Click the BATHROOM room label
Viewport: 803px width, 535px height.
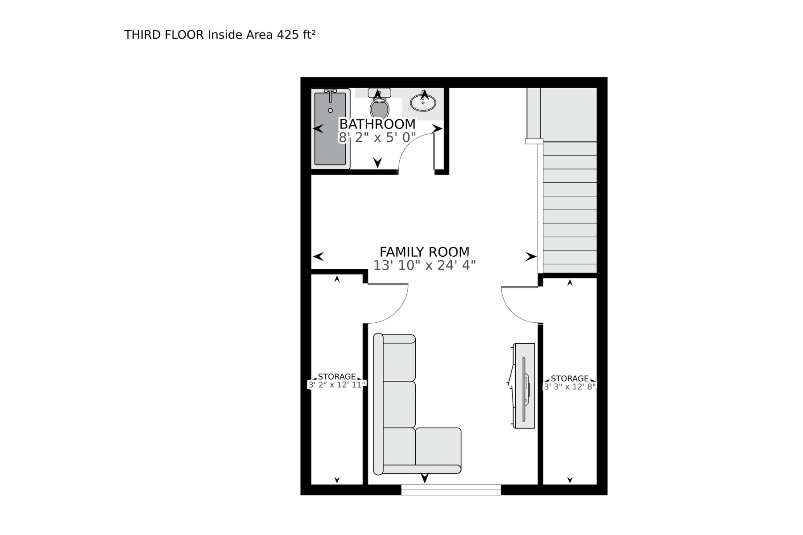[x=377, y=123]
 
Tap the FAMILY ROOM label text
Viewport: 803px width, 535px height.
[x=424, y=252]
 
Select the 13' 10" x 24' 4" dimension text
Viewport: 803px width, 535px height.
[x=424, y=265]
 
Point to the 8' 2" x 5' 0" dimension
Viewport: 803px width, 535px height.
[x=377, y=137]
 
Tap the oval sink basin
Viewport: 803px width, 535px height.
[x=423, y=103]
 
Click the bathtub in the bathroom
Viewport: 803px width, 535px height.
[x=330, y=129]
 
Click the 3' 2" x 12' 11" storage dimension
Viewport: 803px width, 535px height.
[x=337, y=384]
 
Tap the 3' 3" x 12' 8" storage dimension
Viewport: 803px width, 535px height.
[x=570, y=387]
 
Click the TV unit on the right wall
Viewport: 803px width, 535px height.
[x=524, y=386]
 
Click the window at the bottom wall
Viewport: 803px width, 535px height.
[x=451, y=490]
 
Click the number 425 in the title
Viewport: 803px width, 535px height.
[x=288, y=35]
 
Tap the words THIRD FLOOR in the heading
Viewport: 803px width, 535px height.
[x=164, y=35]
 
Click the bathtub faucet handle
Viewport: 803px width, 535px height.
[x=330, y=91]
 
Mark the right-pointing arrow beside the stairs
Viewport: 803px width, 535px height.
[x=530, y=256]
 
